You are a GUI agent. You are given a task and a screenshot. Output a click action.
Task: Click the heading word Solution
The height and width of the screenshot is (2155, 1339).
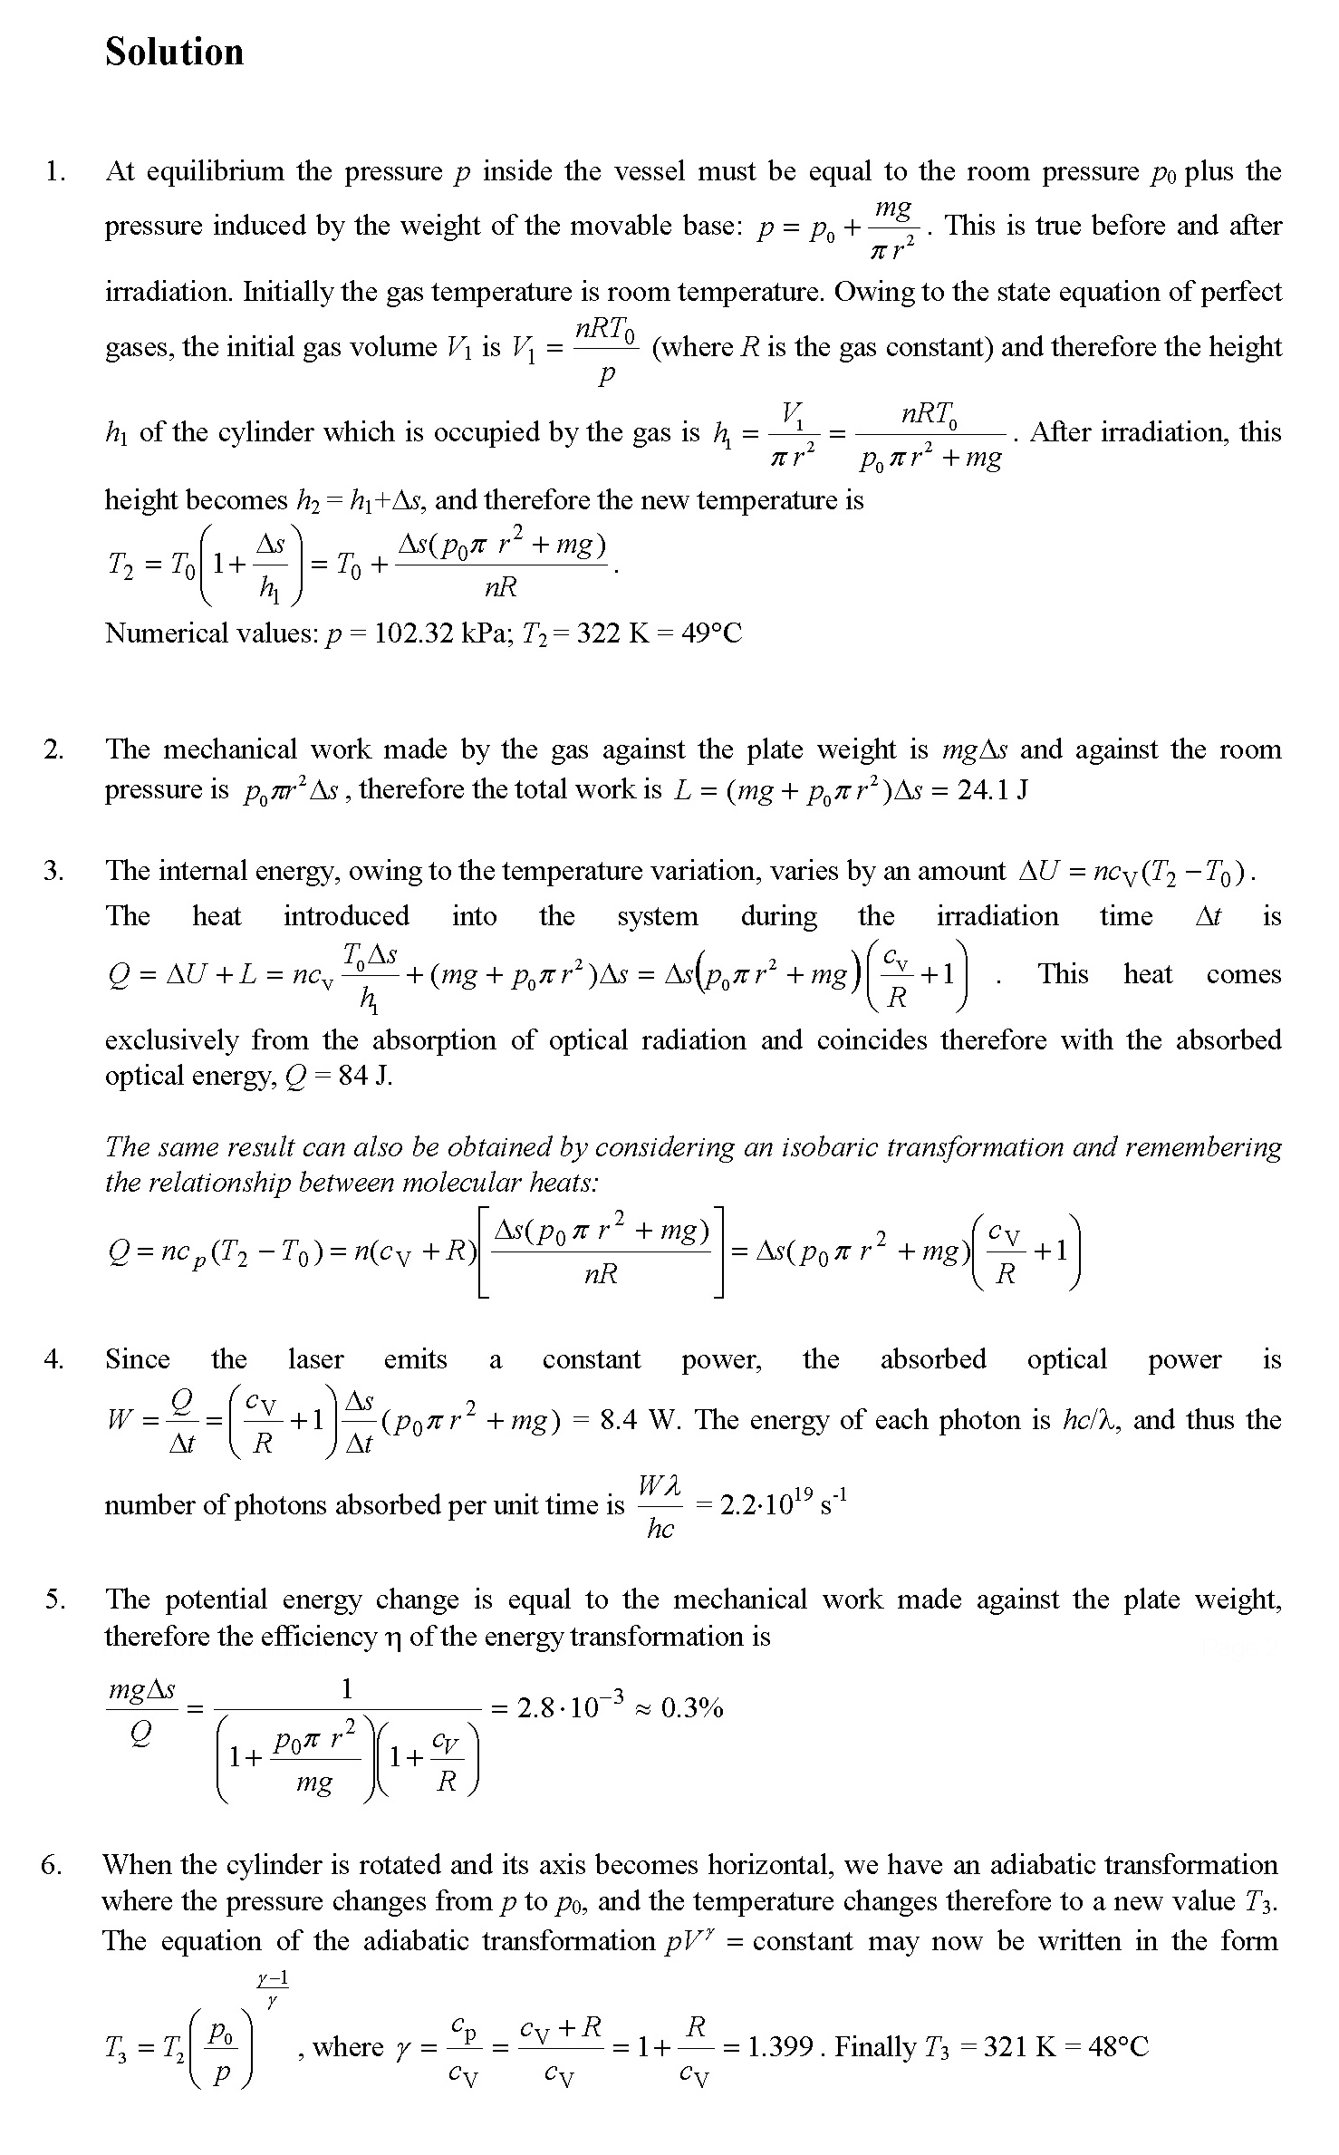(174, 53)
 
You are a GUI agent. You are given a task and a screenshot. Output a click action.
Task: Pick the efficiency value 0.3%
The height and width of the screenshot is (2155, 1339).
(692, 1709)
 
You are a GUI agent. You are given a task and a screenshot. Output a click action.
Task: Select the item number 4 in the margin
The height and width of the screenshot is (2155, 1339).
(53, 1359)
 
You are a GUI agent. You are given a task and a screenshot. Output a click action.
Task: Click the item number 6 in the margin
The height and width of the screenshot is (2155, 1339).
(52, 1865)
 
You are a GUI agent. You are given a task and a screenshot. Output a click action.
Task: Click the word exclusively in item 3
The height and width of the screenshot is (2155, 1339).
(171, 1039)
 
